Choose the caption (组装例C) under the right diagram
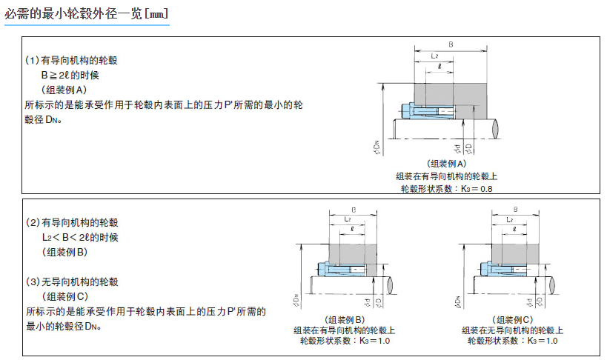coord(513,319)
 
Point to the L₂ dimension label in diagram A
coord(436,56)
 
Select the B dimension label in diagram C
coord(515,210)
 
